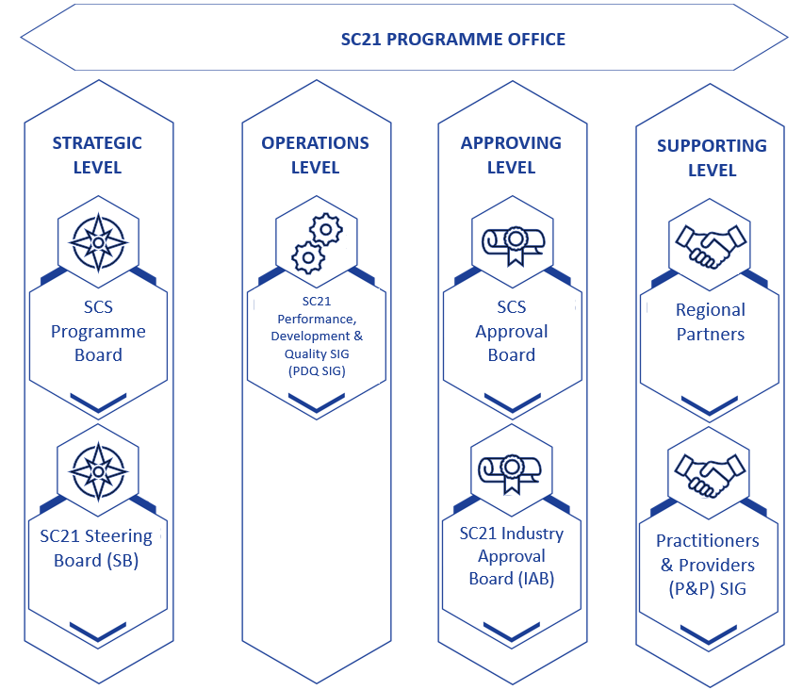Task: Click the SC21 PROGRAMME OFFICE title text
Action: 453,40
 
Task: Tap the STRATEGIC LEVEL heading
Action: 97,156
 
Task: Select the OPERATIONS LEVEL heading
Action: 316,156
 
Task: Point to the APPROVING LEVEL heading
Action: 511,156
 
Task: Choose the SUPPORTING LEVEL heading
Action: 712,157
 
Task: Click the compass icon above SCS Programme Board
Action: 98,242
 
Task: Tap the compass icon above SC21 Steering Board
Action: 98,471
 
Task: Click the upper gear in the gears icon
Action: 326,229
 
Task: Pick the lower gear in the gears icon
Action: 308,257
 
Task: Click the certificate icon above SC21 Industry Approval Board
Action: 510,474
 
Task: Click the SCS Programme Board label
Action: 98,331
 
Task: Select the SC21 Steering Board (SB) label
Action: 96,548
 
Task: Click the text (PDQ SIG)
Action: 317,370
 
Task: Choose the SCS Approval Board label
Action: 512,331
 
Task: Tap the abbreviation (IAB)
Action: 536,579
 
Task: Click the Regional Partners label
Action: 711,321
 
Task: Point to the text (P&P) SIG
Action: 707,589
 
